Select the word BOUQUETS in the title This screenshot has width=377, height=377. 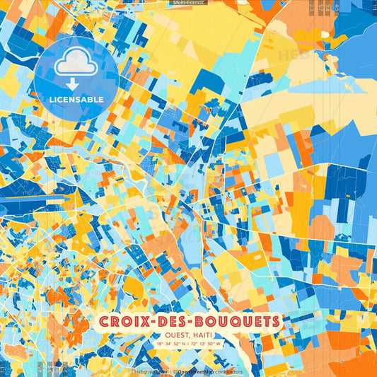pos(237,322)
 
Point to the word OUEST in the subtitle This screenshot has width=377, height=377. pos(174,335)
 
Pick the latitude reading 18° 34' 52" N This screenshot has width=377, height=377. pos(170,344)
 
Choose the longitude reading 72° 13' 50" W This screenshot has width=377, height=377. pos(207,344)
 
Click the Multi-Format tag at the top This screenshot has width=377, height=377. pos(188,3)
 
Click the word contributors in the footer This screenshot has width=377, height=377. pos(227,371)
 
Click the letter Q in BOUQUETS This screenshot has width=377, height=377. pos(236,322)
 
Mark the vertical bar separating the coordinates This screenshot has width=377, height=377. pos(188,344)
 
